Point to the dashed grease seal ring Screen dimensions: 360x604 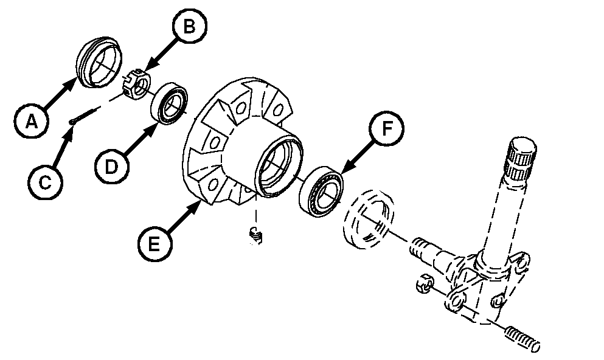pyautogui.click(x=369, y=218)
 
